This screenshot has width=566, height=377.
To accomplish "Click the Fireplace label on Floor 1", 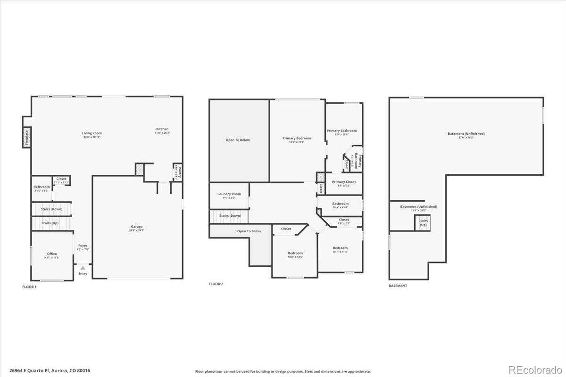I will (27, 137).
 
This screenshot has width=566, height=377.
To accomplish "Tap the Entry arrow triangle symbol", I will (83, 268).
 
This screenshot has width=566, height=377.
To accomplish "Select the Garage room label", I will (137, 227).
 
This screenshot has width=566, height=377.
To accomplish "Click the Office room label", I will (52, 254).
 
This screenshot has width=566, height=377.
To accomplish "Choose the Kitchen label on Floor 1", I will (162, 129).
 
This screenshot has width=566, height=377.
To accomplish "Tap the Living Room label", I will (92, 133).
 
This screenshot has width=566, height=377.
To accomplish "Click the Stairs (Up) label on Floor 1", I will (50, 222).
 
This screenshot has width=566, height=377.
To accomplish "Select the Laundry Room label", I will (229, 194).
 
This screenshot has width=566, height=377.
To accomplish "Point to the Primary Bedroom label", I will (297, 139).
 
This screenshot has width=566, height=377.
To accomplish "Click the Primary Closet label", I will (344, 182).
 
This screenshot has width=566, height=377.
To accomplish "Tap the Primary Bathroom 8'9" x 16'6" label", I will (342, 131).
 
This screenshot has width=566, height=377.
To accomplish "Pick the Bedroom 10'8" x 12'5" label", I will (295, 254).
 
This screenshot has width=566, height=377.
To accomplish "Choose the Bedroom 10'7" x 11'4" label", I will (340, 248).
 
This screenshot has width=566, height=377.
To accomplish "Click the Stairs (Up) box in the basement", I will (423, 222).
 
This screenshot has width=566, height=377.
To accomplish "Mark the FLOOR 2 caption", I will (216, 284).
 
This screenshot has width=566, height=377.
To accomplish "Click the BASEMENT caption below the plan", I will (398, 286).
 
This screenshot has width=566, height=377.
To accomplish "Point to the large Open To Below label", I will (238, 140).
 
